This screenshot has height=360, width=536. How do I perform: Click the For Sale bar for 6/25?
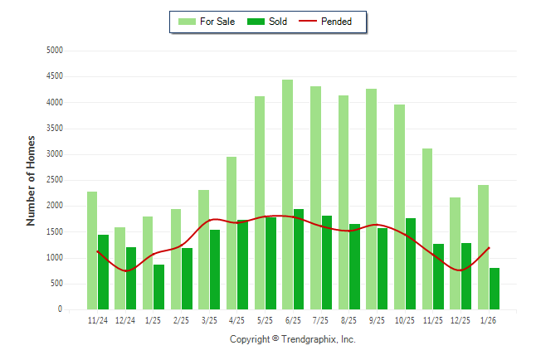coord(287,195)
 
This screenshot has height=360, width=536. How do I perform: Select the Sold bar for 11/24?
coord(103,272)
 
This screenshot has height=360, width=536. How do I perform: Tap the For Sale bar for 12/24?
coord(119,268)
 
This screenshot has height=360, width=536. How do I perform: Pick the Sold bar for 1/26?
coord(495,289)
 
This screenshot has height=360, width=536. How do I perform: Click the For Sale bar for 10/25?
coord(399,207)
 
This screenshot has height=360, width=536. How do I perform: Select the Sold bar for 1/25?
coord(158,287)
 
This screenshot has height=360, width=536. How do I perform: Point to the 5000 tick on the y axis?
coord(54,51)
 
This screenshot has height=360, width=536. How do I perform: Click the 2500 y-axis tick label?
coord(54,180)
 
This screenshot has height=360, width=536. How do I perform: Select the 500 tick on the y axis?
coord(56,284)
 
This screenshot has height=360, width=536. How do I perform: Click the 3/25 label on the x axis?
coord(209,319)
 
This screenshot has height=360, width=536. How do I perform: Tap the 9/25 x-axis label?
coord(377,319)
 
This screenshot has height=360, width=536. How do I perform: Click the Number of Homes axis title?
coord(31,180)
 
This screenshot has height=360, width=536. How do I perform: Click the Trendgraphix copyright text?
coord(292,339)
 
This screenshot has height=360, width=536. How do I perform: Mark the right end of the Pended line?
coord(489,247)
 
